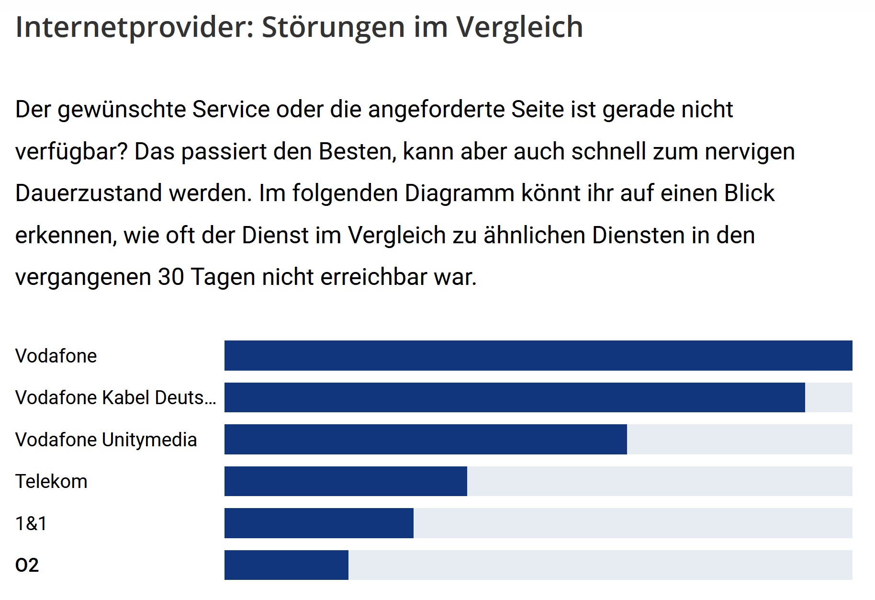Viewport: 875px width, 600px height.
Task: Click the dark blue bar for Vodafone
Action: [538, 355]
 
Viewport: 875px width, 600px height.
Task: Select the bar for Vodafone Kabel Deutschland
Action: [515, 397]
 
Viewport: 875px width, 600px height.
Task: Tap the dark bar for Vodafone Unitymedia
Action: [426, 439]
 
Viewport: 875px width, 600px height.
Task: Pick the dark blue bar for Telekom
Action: [346, 481]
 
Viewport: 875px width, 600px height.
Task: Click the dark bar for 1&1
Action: [319, 523]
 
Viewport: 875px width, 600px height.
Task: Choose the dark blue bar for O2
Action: [286, 565]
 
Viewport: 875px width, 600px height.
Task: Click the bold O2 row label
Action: [27, 565]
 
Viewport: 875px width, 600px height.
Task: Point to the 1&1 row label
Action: [31, 523]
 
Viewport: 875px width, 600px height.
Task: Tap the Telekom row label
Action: [51, 481]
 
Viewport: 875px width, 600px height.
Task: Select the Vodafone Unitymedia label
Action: [106, 440]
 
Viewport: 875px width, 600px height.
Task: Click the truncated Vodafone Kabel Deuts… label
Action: [115, 397]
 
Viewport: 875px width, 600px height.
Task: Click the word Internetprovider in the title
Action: [135, 27]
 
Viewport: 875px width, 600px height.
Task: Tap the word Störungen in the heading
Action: [333, 27]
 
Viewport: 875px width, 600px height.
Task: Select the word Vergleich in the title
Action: [519, 27]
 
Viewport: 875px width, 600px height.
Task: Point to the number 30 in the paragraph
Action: [171, 277]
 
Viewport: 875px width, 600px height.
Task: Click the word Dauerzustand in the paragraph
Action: [89, 193]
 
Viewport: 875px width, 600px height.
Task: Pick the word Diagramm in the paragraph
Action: [460, 193]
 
